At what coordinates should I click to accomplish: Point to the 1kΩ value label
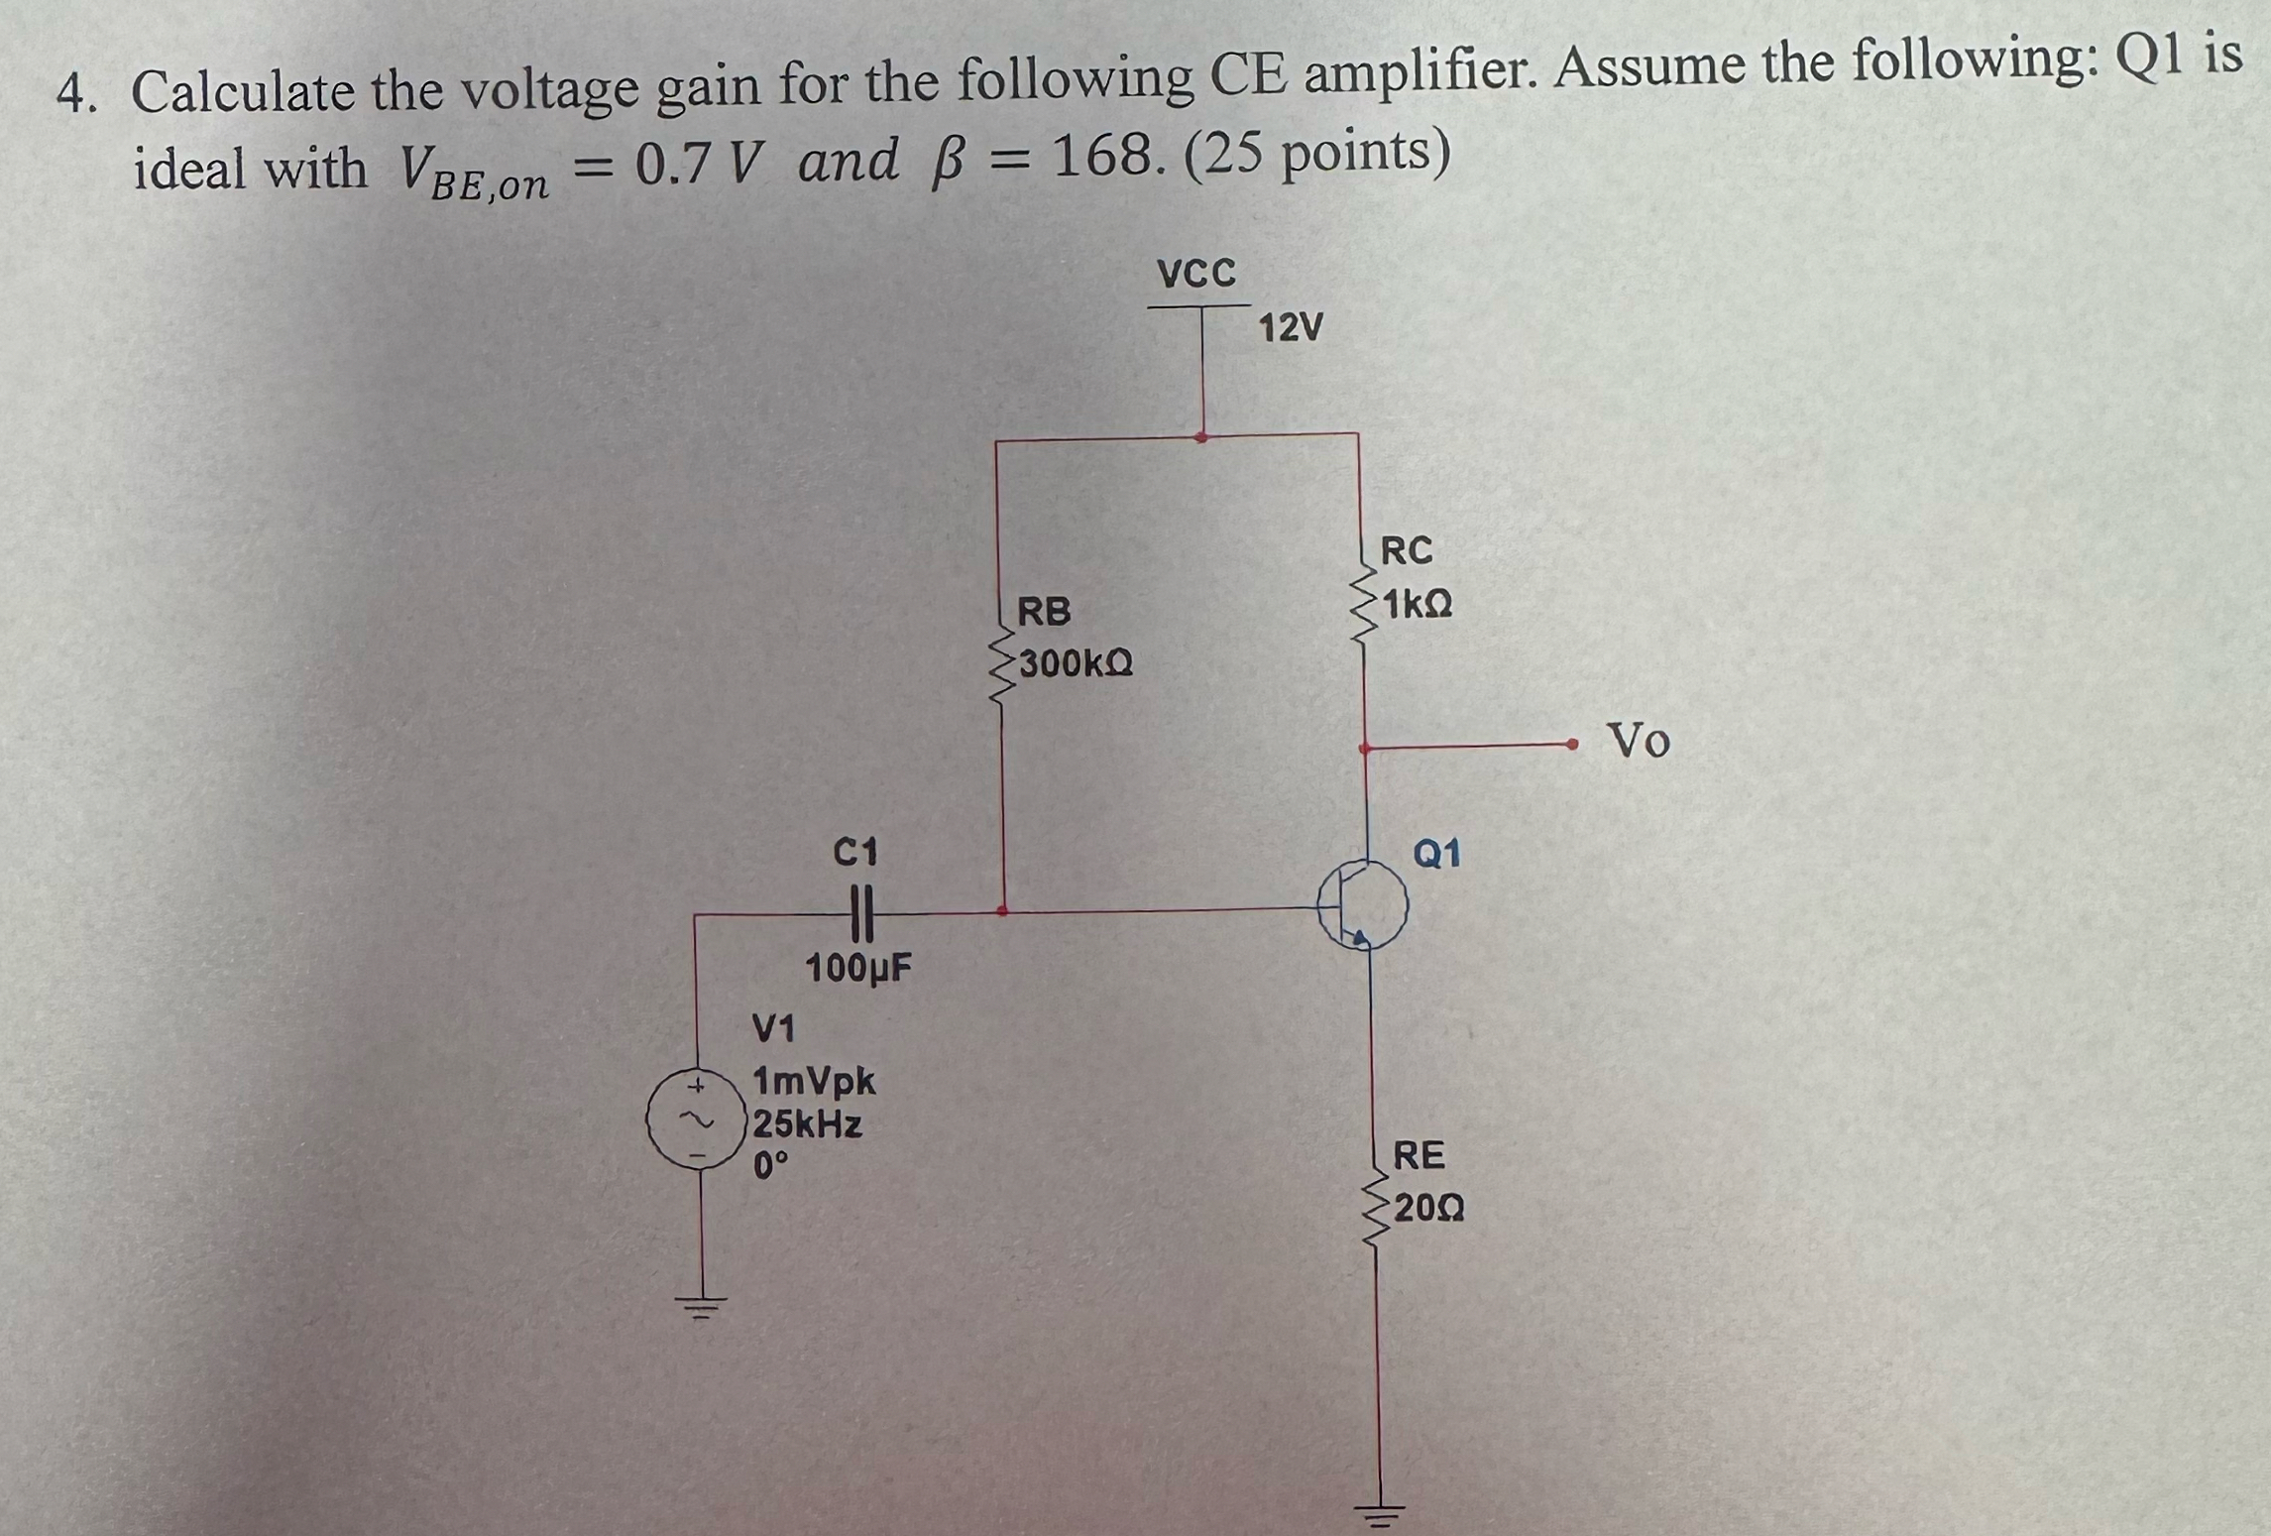pos(1419,604)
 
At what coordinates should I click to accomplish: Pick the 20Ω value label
pos(1428,1209)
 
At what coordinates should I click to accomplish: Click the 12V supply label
pos(1291,327)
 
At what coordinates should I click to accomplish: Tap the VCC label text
pos(1196,274)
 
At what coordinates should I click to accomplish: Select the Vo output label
pos(1638,740)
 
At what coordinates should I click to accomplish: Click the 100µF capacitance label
pos(858,968)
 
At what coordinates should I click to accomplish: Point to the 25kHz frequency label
pos(808,1124)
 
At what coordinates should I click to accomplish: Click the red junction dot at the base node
pos(1002,909)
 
